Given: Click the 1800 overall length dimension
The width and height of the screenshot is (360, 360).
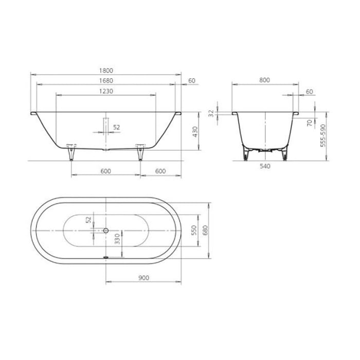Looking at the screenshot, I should (105, 70).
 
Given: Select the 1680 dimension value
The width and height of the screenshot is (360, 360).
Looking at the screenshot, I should (105, 81).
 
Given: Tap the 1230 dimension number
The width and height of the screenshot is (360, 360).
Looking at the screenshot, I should (105, 91).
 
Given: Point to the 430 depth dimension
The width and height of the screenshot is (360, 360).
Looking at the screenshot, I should (195, 132).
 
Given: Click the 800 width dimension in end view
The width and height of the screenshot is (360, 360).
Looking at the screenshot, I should (264, 80).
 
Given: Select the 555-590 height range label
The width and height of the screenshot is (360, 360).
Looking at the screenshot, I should (323, 135).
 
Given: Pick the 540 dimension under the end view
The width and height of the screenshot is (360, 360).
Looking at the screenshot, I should (264, 166).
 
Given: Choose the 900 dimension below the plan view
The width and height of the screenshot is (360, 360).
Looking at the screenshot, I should (143, 278).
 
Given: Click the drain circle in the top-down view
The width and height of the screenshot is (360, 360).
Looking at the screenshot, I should (106, 230).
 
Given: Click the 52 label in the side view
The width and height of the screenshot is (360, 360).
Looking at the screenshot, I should (117, 127).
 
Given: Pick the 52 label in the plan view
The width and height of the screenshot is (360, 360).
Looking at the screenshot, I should (88, 220).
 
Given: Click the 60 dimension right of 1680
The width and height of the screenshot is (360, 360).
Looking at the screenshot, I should (192, 81).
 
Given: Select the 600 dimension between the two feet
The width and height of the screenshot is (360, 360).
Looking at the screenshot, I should (105, 171).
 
